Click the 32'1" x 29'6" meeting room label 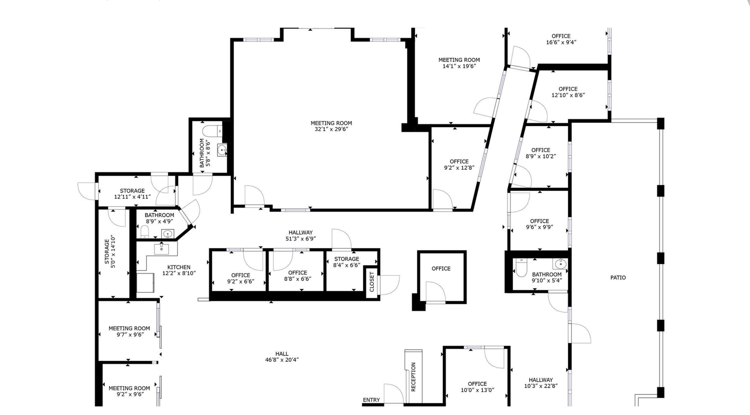[331, 126]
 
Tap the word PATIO [618, 278]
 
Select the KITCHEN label [179, 267]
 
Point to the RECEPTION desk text [413, 377]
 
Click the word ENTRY [371, 400]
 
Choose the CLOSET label [372, 282]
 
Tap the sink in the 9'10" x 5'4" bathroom [561, 264]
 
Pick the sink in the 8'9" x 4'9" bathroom [168, 234]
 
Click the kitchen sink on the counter [162, 249]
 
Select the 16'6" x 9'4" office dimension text [561, 42]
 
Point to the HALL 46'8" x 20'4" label [282, 357]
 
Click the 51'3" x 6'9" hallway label [300, 235]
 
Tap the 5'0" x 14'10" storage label [110, 251]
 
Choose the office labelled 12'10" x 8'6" [568, 92]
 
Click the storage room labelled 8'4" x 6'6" [346, 262]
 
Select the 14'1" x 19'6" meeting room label [459, 63]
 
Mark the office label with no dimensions [441, 269]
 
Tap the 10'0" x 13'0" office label [478, 387]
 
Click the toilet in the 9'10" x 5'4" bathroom [521, 267]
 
